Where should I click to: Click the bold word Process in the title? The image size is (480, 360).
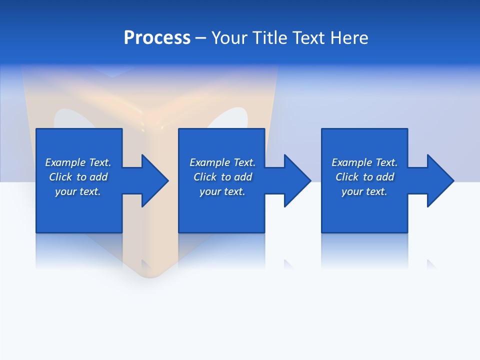(157, 38)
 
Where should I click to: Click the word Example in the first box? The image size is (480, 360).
(65, 162)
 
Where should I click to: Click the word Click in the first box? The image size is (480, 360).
(60, 177)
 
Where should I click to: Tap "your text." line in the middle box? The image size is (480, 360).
(222, 191)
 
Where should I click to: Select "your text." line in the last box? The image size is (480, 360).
(364, 191)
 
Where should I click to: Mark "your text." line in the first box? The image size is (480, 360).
(77, 191)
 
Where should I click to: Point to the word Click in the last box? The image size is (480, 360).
(347, 177)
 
